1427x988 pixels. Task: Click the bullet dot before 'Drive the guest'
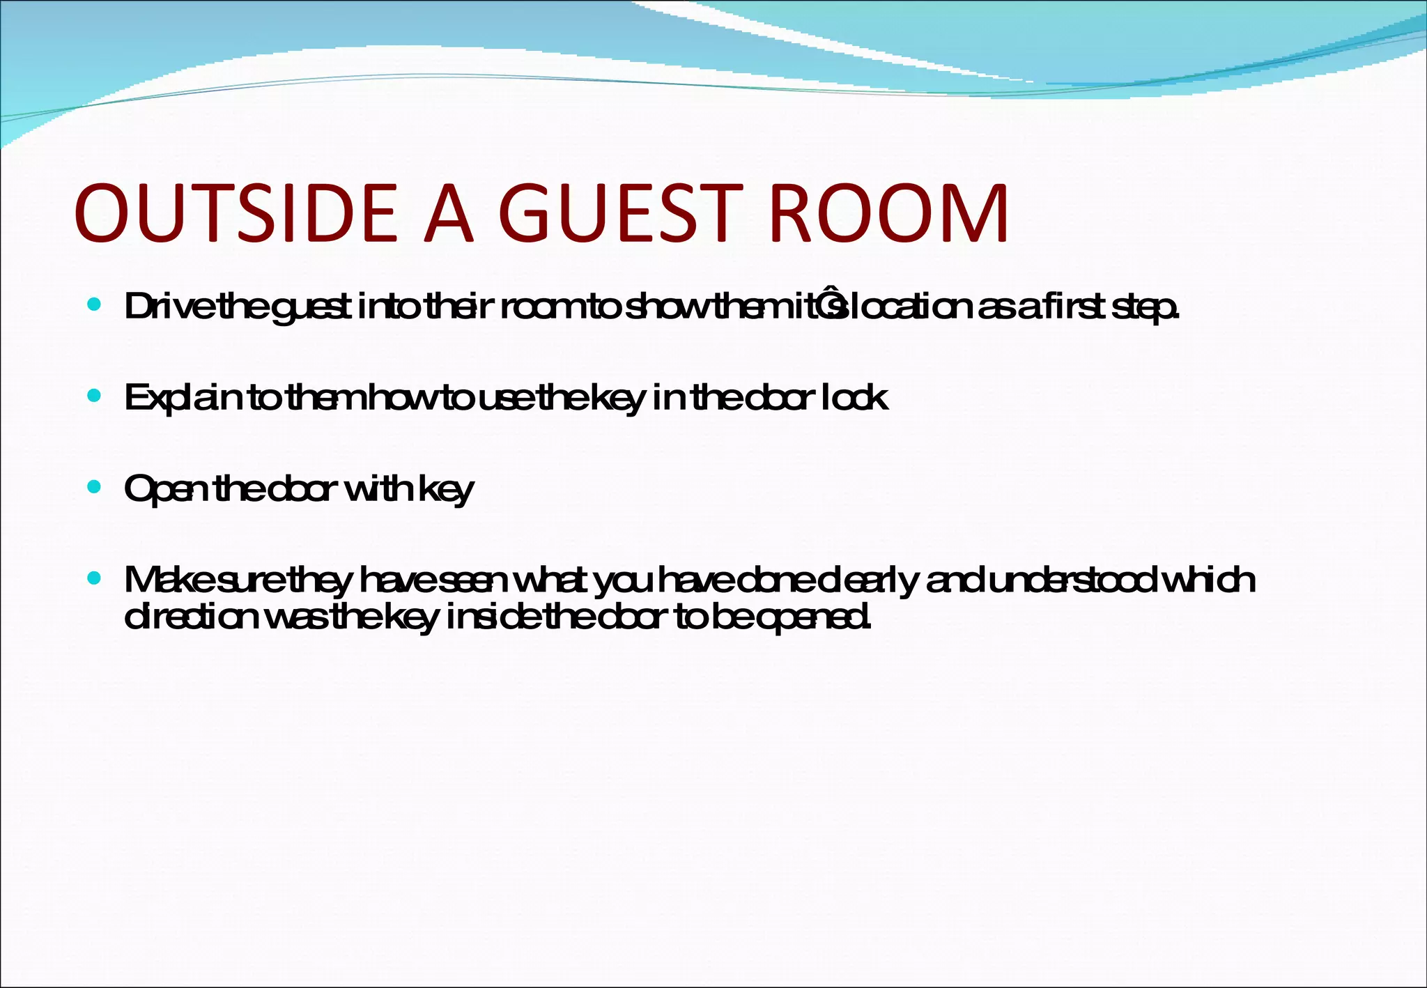95,304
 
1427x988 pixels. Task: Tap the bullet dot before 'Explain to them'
95,396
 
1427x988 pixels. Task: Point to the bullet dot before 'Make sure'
95,578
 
